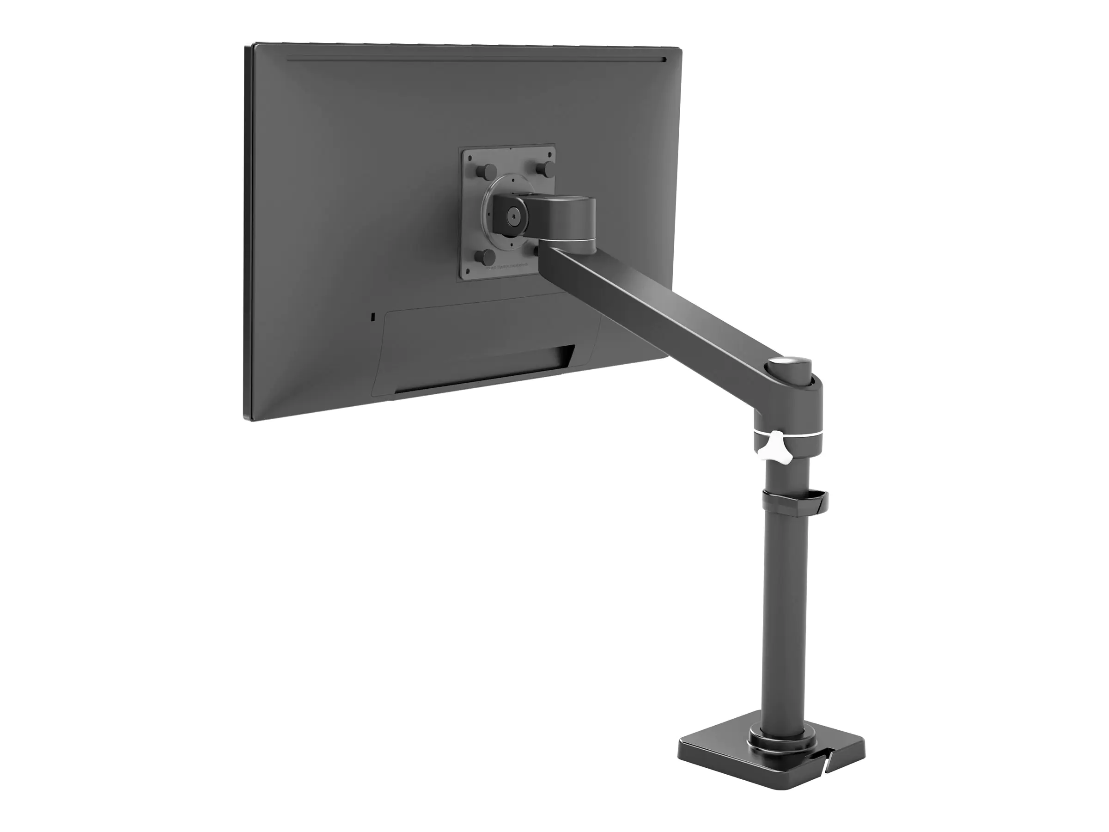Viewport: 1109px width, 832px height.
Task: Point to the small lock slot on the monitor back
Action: [x=371, y=317]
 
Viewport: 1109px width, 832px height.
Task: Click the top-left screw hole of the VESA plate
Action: [x=471, y=158]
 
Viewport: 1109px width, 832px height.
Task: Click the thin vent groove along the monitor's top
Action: [x=476, y=61]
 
